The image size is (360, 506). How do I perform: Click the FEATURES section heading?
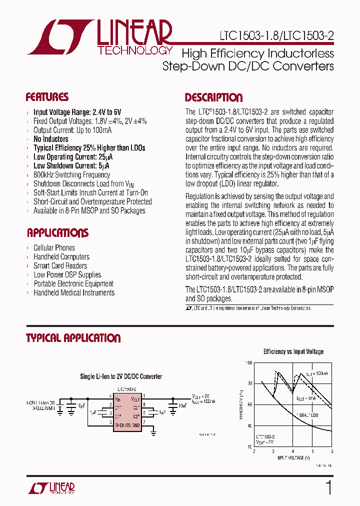point(47,97)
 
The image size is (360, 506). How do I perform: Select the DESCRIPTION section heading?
point(213,97)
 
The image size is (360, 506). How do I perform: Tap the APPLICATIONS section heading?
point(57,233)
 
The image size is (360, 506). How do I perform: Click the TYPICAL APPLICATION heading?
point(73,338)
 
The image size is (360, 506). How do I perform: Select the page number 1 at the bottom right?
point(328,487)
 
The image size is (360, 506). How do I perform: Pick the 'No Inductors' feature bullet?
point(50,139)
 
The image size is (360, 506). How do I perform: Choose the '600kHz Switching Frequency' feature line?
point(71,175)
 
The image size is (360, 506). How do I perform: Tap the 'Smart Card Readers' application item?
point(60,266)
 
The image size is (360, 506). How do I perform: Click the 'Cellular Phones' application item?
point(54,248)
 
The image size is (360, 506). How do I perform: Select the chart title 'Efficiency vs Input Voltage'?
point(293,351)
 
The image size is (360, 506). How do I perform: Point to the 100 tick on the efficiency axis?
point(248,362)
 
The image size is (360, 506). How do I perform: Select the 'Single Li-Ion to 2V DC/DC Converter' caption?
point(121,376)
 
